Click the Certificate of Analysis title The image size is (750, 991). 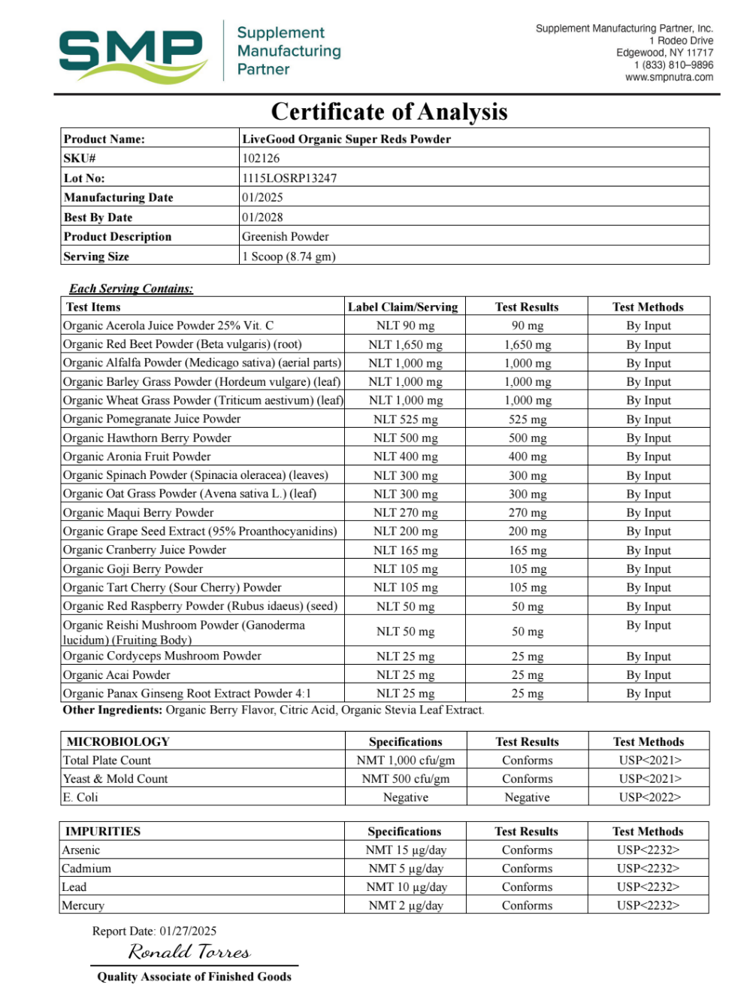(x=389, y=112)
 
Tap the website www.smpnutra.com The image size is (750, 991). (x=669, y=77)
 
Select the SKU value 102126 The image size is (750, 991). (x=261, y=159)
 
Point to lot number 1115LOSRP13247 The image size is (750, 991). (x=289, y=178)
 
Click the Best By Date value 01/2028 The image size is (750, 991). (x=262, y=217)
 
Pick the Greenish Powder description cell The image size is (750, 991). (x=286, y=237)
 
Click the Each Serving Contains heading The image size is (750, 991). (x=131, y=289)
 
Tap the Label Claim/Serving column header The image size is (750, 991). (x=403, y=307)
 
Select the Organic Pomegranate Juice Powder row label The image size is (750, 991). (x=152, y=419)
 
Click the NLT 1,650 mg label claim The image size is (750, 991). (x=405, y=344)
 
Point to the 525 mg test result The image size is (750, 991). (x=528, y=420)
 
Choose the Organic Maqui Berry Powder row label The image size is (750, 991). (x=138, y=513)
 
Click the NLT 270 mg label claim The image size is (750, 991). (x=405, y=513)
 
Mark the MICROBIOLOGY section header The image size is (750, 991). (x=118, y=741)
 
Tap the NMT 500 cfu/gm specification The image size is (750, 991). (x=405, y=779)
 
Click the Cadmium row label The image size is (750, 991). (x=86, y=868)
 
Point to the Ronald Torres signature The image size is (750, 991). (x=189, y=952)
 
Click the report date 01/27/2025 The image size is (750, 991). (x=188, y=931)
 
